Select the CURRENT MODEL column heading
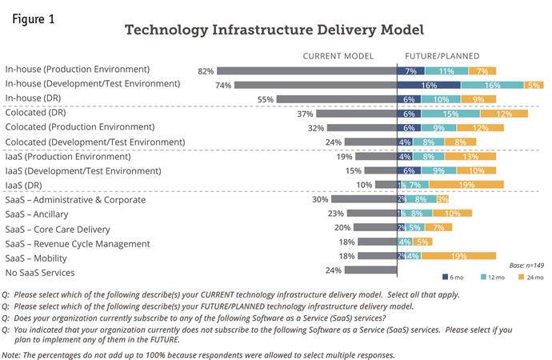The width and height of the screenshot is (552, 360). (x=338, y=56)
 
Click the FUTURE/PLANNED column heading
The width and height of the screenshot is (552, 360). (x=442, y=56)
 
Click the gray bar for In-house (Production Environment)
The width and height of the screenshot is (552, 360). (x=306, y=70)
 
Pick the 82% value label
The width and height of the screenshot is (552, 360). (x=205, y=71)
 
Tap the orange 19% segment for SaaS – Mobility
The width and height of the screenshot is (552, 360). (x=460, y=256)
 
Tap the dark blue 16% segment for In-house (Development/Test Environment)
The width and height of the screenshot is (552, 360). (x=429, y=85)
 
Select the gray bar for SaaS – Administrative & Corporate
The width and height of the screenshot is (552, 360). (x=364, y=199)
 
